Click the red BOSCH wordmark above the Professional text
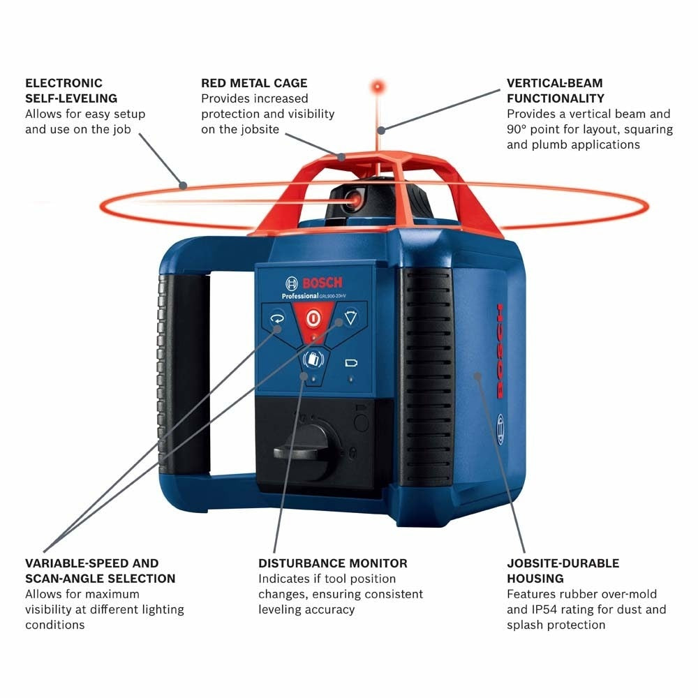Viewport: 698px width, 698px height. [x=322, y=283]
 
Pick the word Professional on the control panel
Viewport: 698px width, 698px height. [x=300, y=296]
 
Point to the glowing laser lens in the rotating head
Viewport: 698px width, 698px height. [x=352, y=200]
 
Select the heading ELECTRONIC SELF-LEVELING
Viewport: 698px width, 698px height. [x=70, y=91]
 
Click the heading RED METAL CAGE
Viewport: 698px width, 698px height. [x=254, y=83]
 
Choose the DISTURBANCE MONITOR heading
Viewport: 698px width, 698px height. [x=333, y=563]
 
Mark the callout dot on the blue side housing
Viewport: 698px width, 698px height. [x=477, y=376]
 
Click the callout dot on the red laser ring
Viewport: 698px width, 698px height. [x=183, y=185]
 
